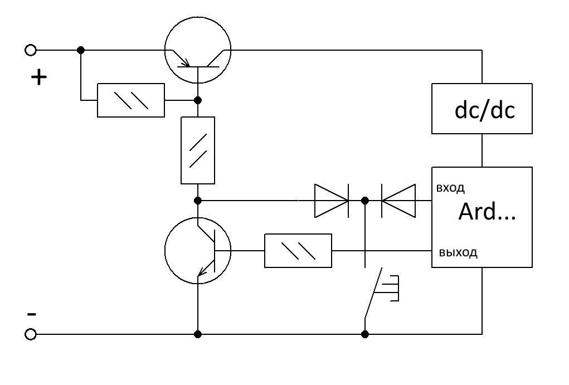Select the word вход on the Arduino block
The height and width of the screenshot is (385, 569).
(450, 188)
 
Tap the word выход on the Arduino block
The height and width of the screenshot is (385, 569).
(458, 252)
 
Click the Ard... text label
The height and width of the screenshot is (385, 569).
(487, 212)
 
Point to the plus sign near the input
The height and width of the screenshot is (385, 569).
(39, 77)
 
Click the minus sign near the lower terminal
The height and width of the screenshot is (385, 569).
(32, 314)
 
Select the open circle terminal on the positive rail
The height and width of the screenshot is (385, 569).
(31, 50)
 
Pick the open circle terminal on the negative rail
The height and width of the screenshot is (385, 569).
(31, 334)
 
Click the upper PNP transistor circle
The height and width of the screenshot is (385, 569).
(198, 17)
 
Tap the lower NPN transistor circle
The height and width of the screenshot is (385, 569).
(198, 218)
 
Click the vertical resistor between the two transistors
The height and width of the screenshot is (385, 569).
(198, 150)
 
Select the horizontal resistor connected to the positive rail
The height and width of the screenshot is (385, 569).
(130, 100)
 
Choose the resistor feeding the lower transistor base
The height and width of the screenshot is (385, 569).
(298, 251)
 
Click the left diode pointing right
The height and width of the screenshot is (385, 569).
(332, 201)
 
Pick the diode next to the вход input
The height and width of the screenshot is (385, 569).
(398, 201)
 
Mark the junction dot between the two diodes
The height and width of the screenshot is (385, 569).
(365, 201)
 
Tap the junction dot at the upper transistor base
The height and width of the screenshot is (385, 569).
(198, 100)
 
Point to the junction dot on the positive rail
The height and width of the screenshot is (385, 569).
(81, 50)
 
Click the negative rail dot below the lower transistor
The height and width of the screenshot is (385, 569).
(198, 334)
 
